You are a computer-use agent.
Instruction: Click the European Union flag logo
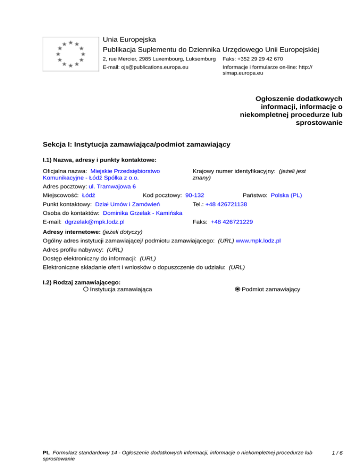(70, 54)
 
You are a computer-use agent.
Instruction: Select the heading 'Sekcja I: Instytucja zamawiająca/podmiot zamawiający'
(136, 144)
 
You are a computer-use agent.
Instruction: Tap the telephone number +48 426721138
(226, 204)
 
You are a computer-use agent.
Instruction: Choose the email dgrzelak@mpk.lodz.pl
(95, 222)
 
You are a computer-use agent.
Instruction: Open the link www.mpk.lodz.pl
(258, 241)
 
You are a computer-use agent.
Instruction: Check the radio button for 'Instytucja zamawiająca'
(86, 290)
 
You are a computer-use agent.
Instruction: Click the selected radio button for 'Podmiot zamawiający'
(238, 290)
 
